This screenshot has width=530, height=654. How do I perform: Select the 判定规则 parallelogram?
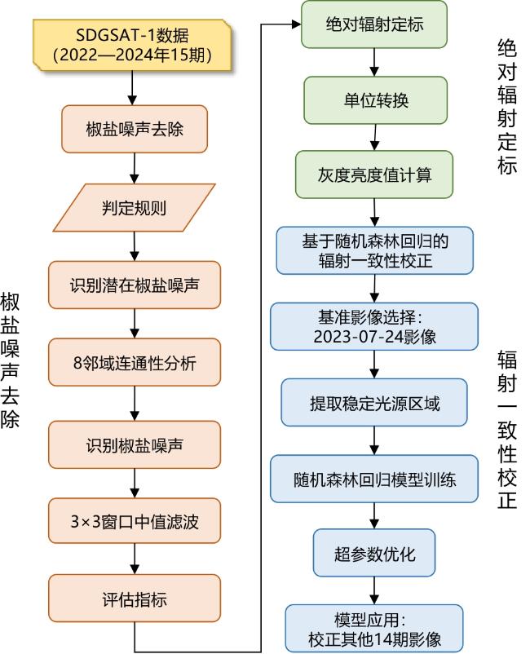coord(135,207)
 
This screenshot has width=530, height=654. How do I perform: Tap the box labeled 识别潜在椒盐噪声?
coord(135,285)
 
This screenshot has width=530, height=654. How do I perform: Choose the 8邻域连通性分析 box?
coord(135,363)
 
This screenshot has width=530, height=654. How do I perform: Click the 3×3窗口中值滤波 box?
coord(135,520)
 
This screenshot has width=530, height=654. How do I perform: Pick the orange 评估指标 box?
coord(135,599)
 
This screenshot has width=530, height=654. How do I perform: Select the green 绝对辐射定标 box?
coord(374,24)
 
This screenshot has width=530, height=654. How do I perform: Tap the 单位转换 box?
coord(374,100)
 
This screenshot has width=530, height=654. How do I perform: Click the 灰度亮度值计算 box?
coord(374,175)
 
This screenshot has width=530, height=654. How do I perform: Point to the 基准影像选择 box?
coord(374,325)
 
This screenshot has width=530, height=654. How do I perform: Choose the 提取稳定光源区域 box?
coord(374,402)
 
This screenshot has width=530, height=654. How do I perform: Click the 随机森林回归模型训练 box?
coord(374,479)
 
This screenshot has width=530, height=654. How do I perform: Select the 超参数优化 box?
coord(374,554)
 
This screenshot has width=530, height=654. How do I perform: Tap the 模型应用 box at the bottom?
coord(374,628)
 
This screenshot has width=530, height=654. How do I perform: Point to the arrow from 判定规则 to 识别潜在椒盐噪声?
coord(135,245)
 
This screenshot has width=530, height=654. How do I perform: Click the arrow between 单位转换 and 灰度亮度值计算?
coord(374,137)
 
